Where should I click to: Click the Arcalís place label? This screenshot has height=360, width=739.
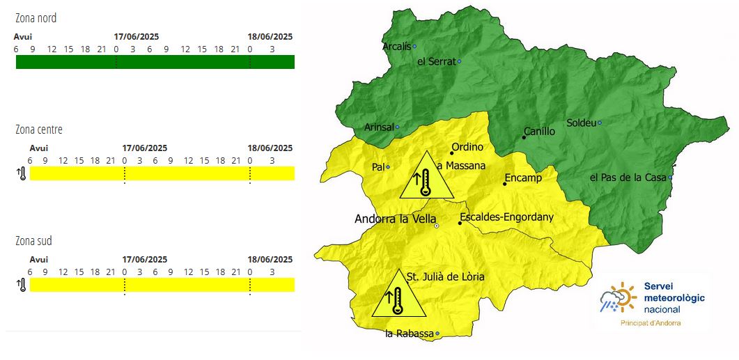[396, 47]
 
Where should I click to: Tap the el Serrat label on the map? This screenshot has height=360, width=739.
[436, 61]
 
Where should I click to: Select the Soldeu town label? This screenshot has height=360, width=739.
[581, 123]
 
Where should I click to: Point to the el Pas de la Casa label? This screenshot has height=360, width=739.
[628, 178]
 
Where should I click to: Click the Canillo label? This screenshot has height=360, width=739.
[540, 131]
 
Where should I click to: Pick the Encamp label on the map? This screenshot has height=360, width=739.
[523, 178]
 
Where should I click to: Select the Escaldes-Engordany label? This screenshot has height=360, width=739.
[507, 217]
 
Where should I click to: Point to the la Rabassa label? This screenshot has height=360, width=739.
[409, 334]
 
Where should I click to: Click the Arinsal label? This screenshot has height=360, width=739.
[379, 127]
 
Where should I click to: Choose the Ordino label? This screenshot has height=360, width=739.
[467, 148]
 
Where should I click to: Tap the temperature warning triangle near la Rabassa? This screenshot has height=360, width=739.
[397, 296]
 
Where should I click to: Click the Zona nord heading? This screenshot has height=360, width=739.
[36, 18]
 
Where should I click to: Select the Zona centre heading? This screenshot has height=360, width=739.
[39, 130]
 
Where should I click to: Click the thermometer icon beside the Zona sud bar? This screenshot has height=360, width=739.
[22, 285]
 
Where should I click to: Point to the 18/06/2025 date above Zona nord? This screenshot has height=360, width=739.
[270, 37]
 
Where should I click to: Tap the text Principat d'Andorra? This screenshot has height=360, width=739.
[651, 323]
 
